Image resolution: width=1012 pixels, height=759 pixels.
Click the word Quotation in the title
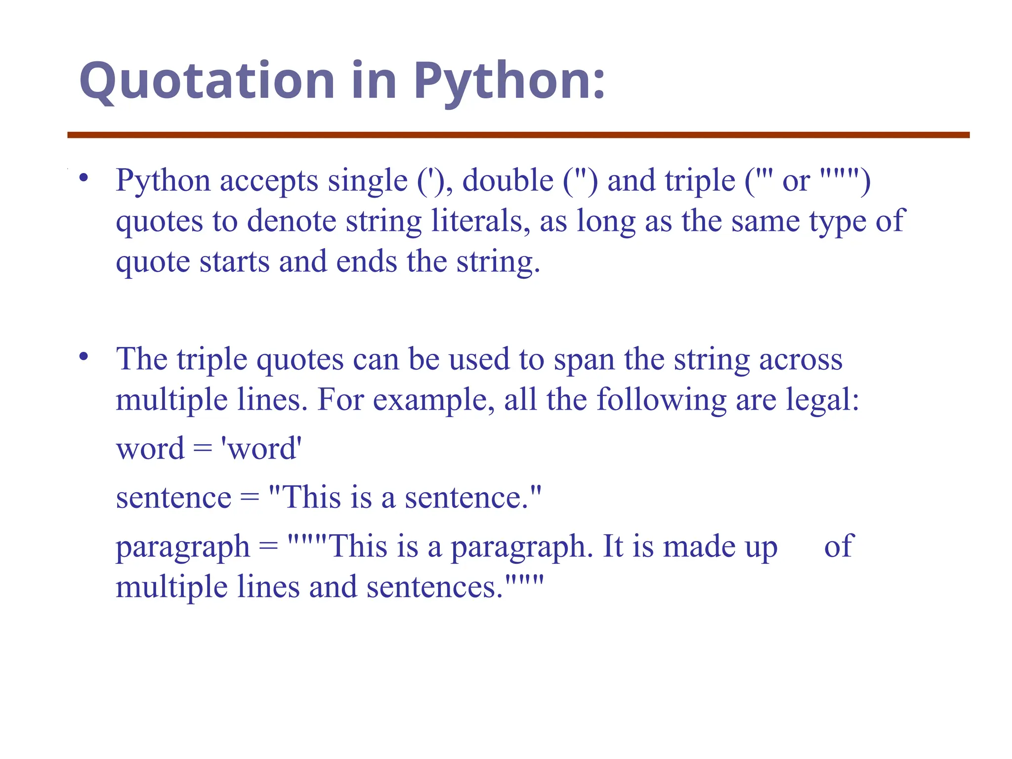(207, 81)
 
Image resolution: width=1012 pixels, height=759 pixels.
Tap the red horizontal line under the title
(518, 135)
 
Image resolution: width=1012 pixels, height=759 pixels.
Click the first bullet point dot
(84, 177)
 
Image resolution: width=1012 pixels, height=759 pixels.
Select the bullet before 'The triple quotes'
(84, 356)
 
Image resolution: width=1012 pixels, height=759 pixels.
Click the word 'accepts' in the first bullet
(269, 181)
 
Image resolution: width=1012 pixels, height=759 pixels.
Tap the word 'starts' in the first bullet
(234, 261)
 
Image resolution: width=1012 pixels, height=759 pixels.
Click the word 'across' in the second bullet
(801, 359)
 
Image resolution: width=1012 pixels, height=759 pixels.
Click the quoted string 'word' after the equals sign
(261, 449)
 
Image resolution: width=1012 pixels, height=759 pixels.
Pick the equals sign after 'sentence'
(250, 498)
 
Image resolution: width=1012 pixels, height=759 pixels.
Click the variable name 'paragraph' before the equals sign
(183, 548)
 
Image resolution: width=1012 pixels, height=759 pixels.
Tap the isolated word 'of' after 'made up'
(839, 546)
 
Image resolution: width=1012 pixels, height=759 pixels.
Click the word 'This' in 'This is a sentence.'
(311, 497)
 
